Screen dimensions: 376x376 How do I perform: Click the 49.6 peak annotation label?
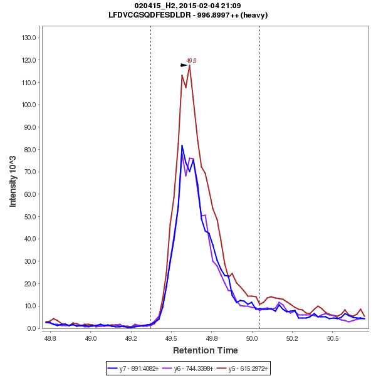click(x=191, y=61)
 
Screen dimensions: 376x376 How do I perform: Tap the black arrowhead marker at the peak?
click(x=184, y=65)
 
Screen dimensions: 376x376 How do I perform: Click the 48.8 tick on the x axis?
click(x=50, y=337)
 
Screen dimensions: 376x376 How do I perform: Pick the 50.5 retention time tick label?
click(x=333, y=337)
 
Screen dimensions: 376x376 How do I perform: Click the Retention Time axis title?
click(x=205, y=350)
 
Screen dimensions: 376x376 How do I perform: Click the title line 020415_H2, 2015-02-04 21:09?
click(x=188, y=6)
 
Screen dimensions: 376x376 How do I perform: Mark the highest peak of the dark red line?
click(x=189, y=65)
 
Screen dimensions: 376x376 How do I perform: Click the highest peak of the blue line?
click(x=182, y=145)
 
